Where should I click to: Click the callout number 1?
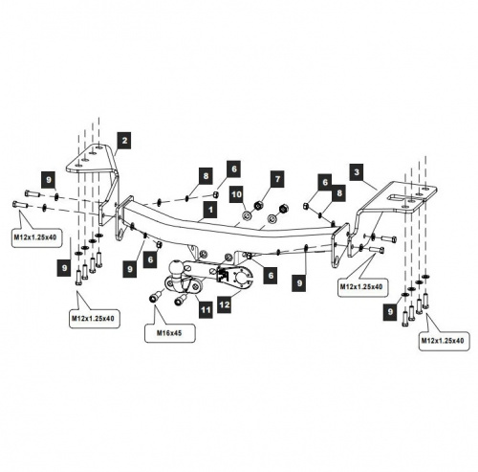pyautogui.click(x=210, y=210)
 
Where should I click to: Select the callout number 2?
pyautogui.click(x=124, y=140)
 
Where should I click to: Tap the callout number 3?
pyautogui.click(x=357, y=172)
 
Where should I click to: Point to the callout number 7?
pyautogui.click(x=277, y=179)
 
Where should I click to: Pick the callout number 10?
pyautogui.click(x=236, y=193)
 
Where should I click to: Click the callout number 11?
pyautogui.click(x=206, y=309)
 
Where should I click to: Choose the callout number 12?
pyautogui.click(x=225, y=304)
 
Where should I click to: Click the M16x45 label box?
pyautogui.click(x=169, y=333)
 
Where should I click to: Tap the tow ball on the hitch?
pyautogui.click(x=176, y=267)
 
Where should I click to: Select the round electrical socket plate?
pyautogui.click(x=241, y=277)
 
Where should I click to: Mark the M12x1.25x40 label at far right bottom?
pyautogui.click(x=444, y=341)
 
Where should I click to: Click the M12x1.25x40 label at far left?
pyautogui.click(x=35, y=237)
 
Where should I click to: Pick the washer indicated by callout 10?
pyautogui.click(x=248, y=215)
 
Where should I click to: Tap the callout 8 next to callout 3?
pyautogui.click(x=338, y=192)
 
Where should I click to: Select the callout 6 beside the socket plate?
pyautogui.click(x=271, y=275)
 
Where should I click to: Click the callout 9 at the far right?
pyautogui.click(x=390, y=312)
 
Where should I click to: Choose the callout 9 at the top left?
pyautogui.click(x=49, y=180)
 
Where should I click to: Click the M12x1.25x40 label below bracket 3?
pyautogui.click(x=361, y=286)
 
